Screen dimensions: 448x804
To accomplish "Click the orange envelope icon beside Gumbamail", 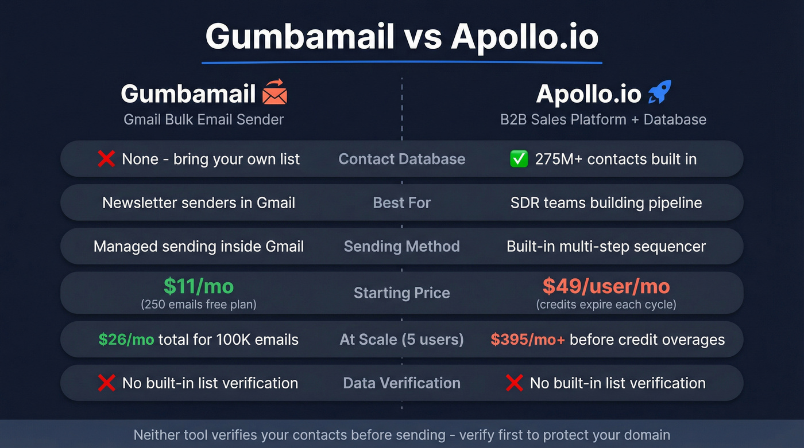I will tap(275, 92).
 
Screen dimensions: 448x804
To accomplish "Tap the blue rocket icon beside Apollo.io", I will tap(659, 92).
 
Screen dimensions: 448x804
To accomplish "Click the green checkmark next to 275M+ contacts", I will tap(519, 159).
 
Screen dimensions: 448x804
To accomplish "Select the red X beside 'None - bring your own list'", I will tap(106, 159).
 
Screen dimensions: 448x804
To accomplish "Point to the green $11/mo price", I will tap(199, 286).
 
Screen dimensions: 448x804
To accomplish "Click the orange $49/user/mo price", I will tap(606, 286).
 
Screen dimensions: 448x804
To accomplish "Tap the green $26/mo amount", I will tap(126, 340).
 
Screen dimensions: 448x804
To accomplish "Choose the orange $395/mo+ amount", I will tap(527, 340).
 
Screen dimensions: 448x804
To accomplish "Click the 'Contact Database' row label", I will tap(402, 159).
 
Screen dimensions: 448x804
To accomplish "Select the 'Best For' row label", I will tap(402, 202).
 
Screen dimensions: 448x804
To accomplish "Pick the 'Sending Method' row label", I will tap(402, 247).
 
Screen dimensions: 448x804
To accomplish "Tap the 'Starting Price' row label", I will tap(402, 293).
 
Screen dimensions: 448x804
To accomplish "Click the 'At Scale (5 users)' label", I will tap(402, 340).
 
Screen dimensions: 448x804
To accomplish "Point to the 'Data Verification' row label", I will tap(402, 383).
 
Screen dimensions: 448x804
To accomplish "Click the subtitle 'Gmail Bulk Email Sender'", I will tap(204, 120).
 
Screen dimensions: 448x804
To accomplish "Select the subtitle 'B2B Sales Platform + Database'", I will tap(603, 120).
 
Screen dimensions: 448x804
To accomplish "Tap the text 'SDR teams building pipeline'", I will tap(606, 202).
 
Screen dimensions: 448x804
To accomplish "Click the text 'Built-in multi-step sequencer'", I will tap(606, 247).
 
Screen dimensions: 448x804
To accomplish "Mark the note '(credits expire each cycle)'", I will tap(606, 305).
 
